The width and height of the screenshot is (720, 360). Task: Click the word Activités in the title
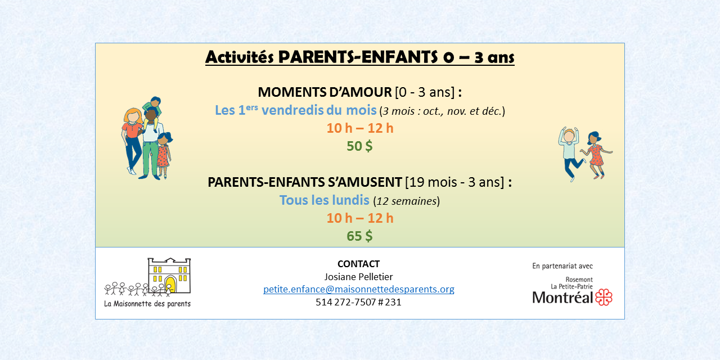click(240, 57)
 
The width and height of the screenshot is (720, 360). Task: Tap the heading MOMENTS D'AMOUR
click(325, 92)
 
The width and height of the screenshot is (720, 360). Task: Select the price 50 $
click(359, 146)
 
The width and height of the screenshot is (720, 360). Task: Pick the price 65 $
click(359, 236)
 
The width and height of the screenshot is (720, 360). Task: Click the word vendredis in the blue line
click(292, 110)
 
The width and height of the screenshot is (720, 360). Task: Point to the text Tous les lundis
click(325, 200)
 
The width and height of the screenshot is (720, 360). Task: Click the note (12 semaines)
click(406, 201)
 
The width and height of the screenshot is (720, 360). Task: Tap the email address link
click(359, 289)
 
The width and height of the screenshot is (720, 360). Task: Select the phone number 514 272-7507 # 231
click(358, 302)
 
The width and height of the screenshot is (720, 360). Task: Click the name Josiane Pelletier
click(358, 277)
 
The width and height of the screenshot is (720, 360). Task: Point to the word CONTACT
click(358, 264)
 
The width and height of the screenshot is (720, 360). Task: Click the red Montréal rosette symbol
click(604, 297)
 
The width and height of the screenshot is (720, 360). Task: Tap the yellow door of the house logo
click(170, 284)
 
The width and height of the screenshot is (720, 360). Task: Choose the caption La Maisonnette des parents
click(147, 304)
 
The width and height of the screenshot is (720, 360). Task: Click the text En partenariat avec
click(562, 266)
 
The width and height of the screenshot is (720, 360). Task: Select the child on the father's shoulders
click(153, 111)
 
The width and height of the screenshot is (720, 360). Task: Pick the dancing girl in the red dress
click(596, 155)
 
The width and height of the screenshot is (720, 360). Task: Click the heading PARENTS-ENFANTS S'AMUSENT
click(305, 182)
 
